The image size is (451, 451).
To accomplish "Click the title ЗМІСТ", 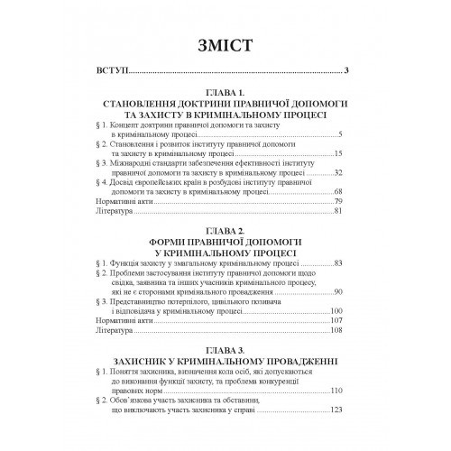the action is pos(225,45).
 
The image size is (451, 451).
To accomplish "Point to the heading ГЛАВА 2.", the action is pos(225,231).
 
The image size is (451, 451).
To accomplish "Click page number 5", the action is pos(341,133).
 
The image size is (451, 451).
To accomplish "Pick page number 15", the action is pos(338,155).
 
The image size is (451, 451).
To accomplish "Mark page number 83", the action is pos(338,262).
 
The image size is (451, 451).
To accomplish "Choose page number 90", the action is pos(338,294).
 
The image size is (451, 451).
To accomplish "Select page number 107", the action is pos(336,322).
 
